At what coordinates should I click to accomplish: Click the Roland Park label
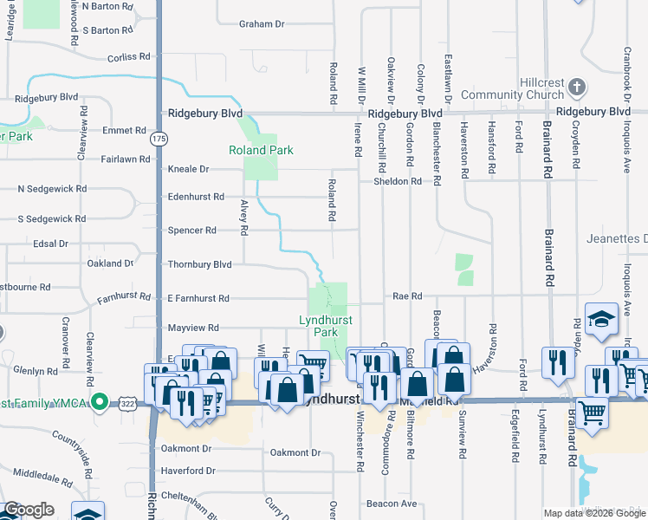(261, 150)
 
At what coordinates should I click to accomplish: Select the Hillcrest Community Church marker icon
(578, 88)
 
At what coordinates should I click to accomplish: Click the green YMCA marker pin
(100, 402)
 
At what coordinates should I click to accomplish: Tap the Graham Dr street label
(262, 24)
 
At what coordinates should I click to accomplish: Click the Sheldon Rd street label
(397, 182)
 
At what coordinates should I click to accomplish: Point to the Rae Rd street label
(407, 296)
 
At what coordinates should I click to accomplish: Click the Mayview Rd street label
(192, 328)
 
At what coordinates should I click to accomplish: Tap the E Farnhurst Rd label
(198, 298)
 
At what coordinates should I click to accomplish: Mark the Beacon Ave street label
(392, 504)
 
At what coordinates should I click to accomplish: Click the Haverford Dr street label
(188, 471)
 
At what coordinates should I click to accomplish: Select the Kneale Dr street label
(190, 169)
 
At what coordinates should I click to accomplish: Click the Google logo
(29, 510)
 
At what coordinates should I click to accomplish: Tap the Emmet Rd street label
(123, 131)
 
